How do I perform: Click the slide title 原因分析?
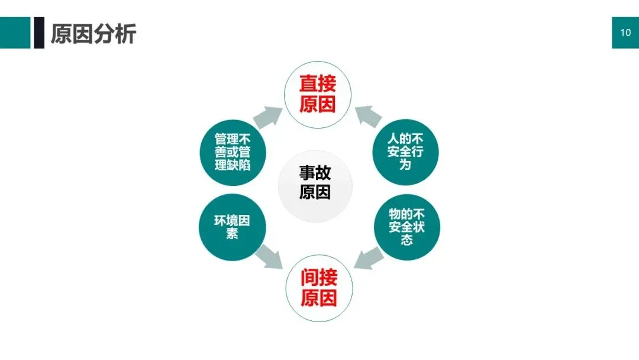(x=93, y=34)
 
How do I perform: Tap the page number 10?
(x=625, y=33)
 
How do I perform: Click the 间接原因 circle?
(x=319, y=288)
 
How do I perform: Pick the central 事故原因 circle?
(x=315, y=183)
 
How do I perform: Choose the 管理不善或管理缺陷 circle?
(x=233, y=152)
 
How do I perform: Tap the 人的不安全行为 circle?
(x=405, y=152)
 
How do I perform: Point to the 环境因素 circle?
(x=232, y=227)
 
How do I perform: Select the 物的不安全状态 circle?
(x=406, y=227)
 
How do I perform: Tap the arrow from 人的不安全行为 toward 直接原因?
(x=368, y=116)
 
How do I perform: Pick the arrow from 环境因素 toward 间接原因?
(x=269, y=256)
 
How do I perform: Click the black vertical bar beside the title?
(x=39, y=33)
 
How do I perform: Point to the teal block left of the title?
(x=15, y=33)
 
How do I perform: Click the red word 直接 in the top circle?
(x=318, y=83)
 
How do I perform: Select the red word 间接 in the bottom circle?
(x=319, y=278)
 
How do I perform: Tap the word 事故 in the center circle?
(x=315, y=173)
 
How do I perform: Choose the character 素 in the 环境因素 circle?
(x=232, y=234)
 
